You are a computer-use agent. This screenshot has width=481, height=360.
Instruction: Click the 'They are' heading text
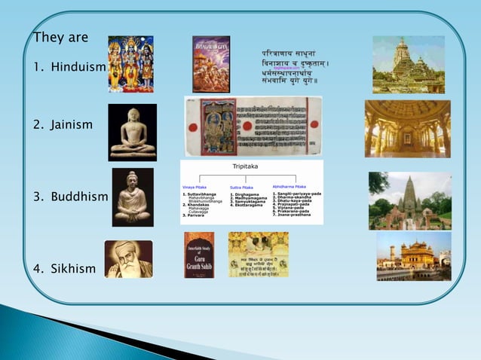point(61,38)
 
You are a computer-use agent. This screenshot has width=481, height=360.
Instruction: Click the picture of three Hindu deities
point(130,64)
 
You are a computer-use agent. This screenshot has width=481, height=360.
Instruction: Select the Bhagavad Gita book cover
point(211,64)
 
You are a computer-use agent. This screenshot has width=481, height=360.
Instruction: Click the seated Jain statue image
point(133,133)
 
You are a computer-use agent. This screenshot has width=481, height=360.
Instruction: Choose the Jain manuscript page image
point(253,126)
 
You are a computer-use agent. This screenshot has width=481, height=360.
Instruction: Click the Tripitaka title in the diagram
point(251,169)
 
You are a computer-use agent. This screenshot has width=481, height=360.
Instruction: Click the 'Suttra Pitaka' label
point(241,186)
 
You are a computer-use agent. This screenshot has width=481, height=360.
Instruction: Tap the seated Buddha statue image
point(133,197)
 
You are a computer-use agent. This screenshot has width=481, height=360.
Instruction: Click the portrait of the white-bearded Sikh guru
point(128,259)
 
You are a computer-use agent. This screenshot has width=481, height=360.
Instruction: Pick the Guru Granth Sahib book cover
point(199,255)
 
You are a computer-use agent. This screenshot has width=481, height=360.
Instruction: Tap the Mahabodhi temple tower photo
point(410,200)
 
